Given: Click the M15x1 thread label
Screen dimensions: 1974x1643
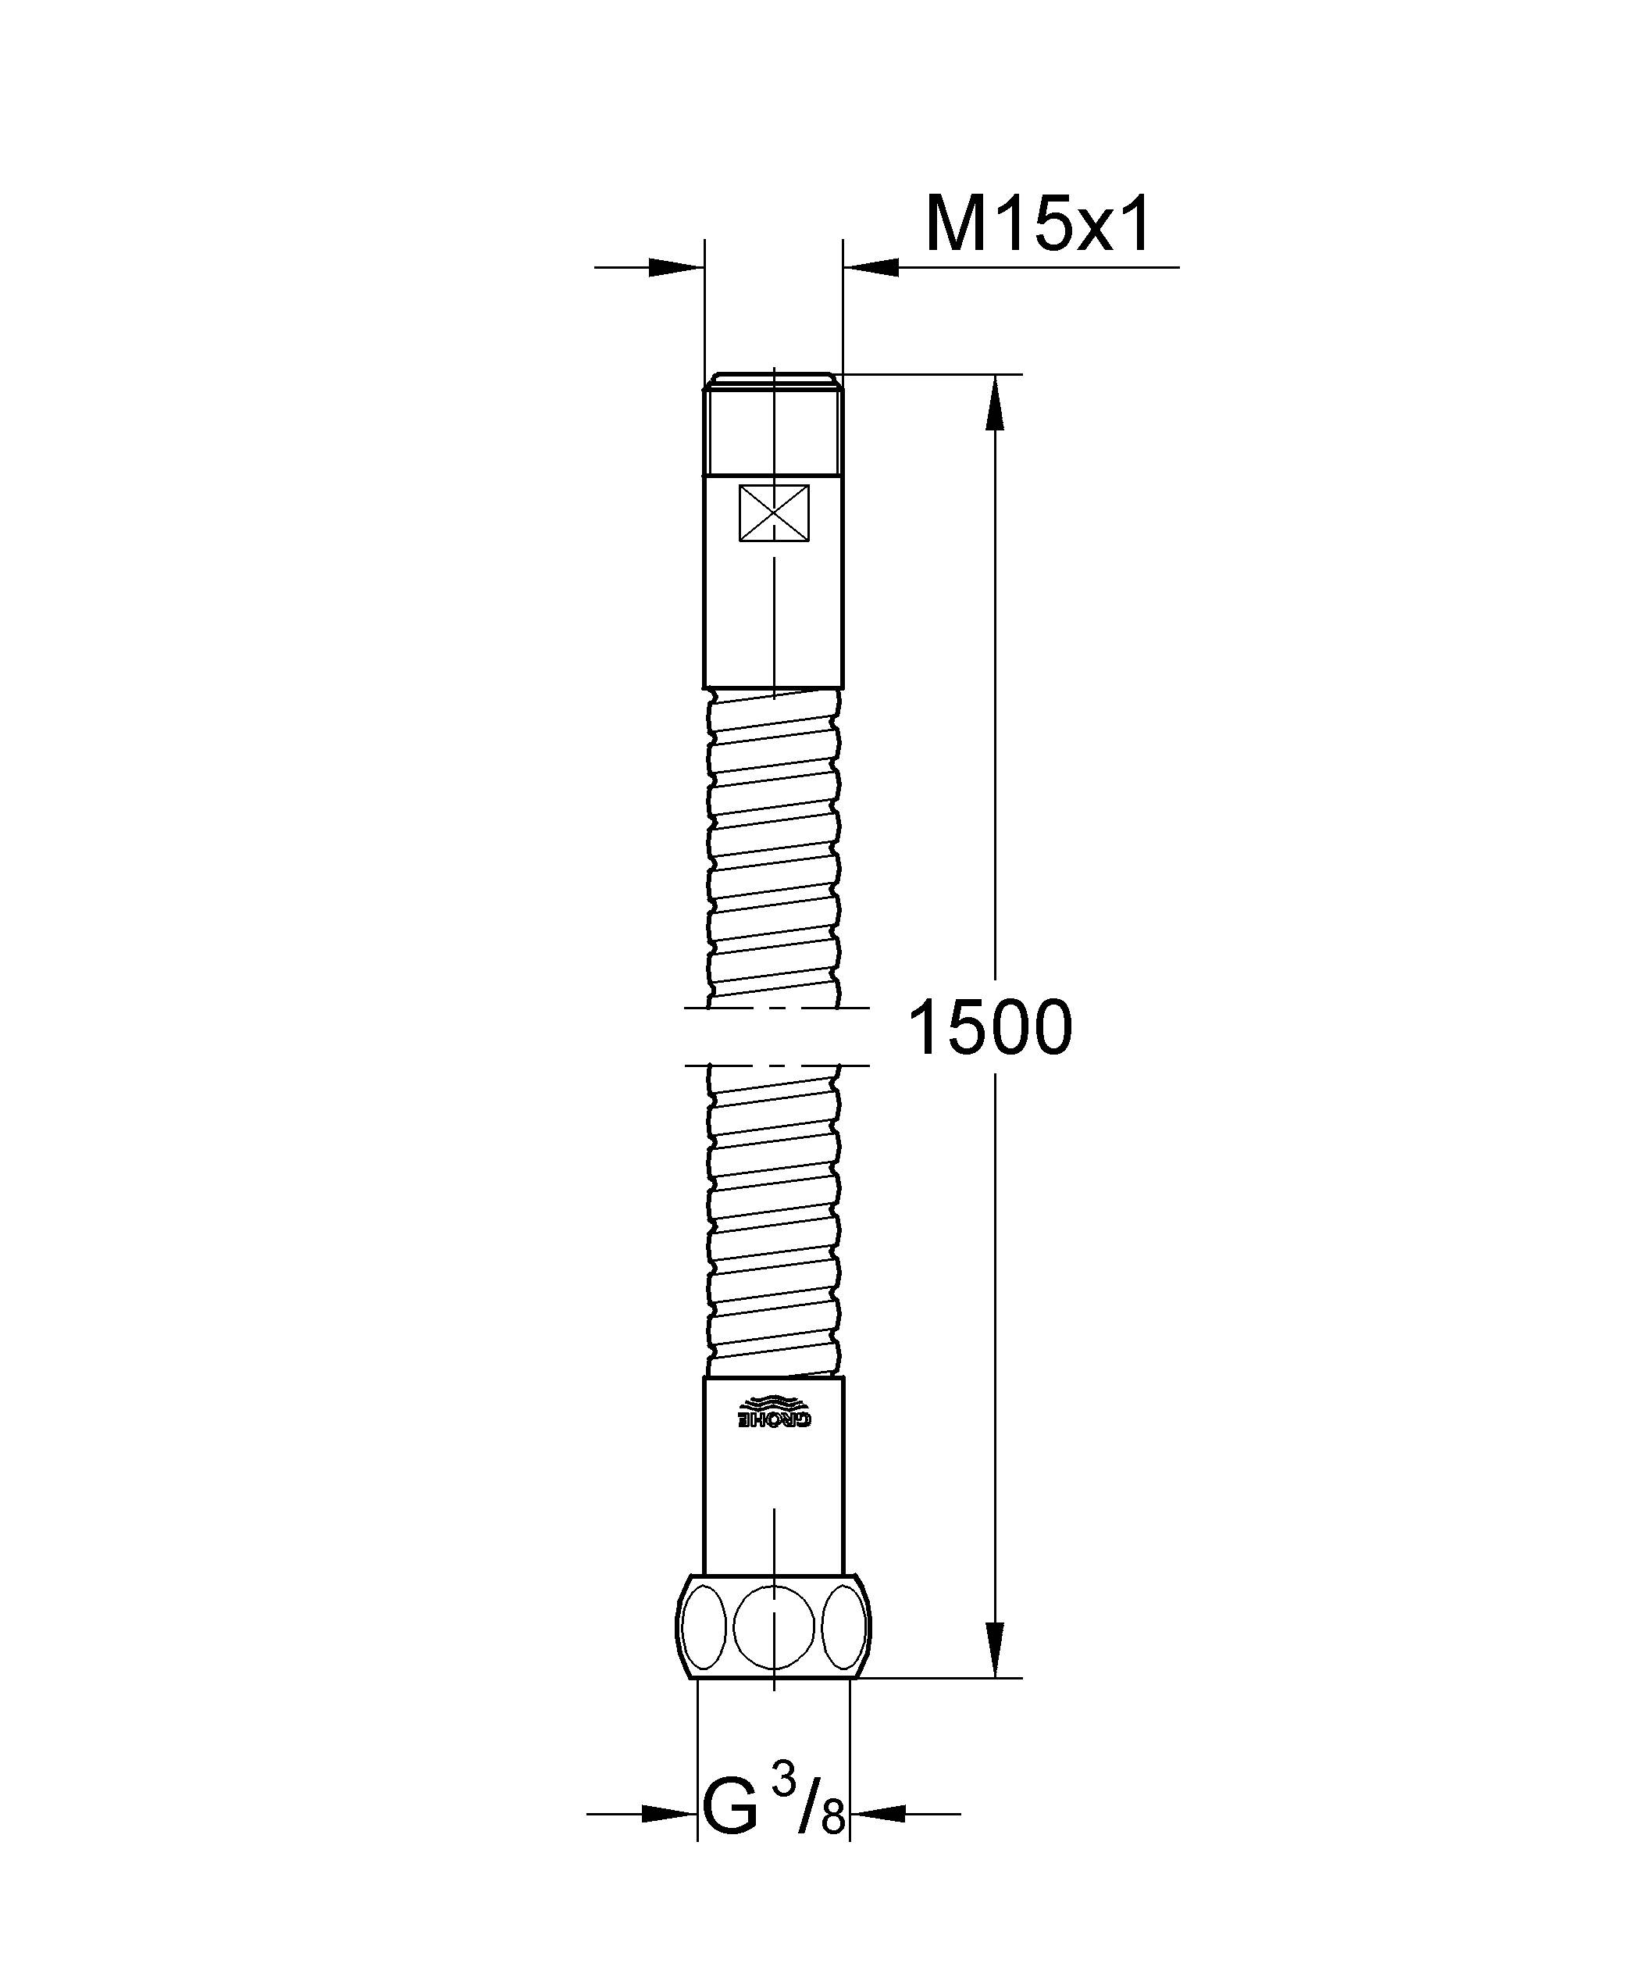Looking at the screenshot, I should (1037, 227).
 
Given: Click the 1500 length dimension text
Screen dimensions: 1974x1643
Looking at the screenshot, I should (991, 1028).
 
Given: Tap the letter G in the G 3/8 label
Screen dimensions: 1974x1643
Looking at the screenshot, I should (730, 1839).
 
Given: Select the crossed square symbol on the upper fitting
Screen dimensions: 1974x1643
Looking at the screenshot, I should (774, 513).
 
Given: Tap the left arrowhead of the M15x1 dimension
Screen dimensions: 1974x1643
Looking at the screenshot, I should (675, 268).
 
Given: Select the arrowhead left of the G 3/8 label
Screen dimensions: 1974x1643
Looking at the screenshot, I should (668, 1840).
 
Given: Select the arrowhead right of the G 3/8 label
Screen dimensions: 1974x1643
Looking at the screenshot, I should (879, 1840).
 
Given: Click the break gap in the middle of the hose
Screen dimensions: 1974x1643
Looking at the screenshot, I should (774, 1036).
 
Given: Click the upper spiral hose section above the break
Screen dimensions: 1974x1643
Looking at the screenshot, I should (774, 846).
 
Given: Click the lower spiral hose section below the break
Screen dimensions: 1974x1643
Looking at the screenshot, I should (774, 1222).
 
